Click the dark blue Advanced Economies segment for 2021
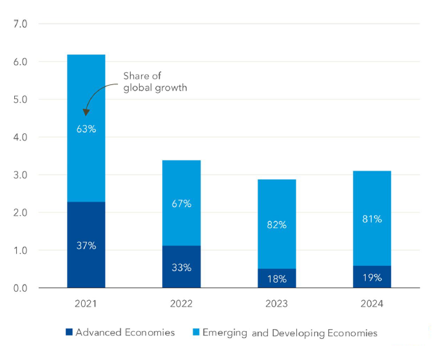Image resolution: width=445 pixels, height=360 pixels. tap(86, 225)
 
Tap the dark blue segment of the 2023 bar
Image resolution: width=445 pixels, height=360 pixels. tap(276, 278)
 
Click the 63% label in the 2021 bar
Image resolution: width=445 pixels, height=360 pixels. tap(86, 129)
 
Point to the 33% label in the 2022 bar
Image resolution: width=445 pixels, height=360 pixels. tap(182, 267)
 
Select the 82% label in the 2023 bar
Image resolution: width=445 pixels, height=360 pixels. tap(276, 225)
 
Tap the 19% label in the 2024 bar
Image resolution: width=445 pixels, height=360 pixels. tap(372, 278)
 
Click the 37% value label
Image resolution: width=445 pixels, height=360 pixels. tap(86, 245)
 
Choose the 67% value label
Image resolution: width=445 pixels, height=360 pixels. tap(182, 204)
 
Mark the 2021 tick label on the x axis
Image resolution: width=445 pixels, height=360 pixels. tap(86, 304)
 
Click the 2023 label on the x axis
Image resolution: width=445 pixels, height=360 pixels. tap(276, 304)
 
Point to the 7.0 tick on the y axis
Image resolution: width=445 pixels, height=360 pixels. tap(21, 24)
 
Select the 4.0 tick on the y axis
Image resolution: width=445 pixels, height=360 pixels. tap(21, 137)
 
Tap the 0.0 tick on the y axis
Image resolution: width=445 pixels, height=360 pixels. tap(21, 288)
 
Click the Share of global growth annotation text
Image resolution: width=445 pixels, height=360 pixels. tap(155, 82)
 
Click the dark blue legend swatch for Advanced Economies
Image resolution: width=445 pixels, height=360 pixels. tap(69, 333)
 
